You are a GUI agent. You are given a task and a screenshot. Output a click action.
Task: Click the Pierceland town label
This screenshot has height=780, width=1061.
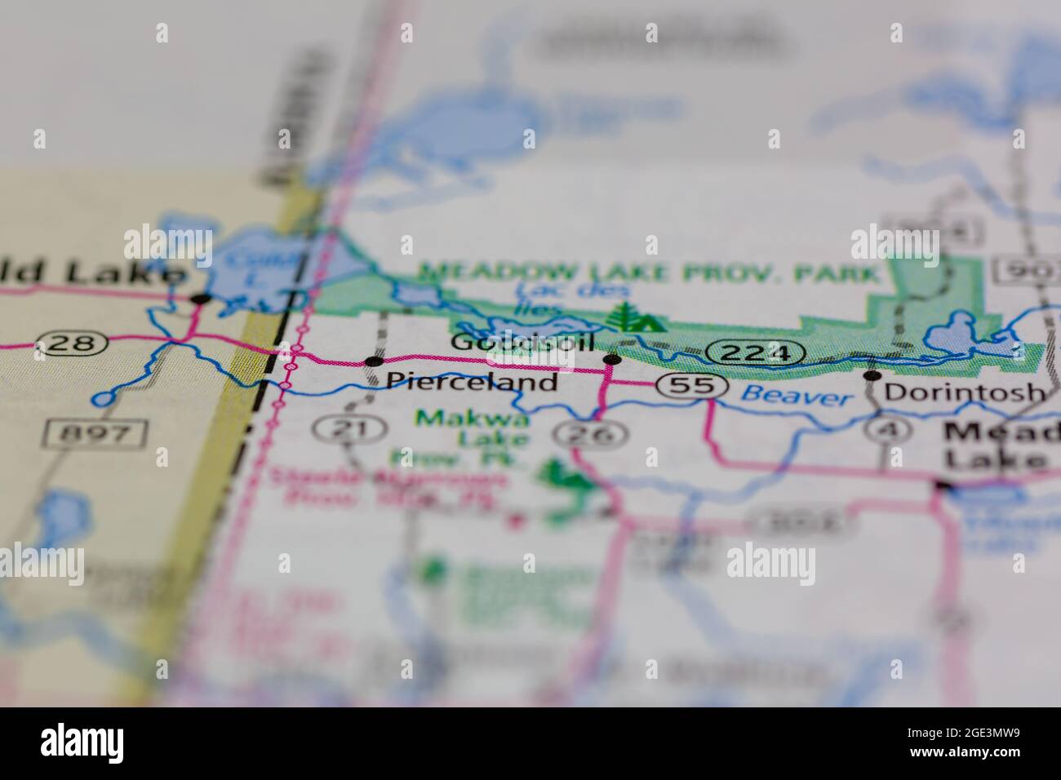pyautogui.click(x=472, y=381)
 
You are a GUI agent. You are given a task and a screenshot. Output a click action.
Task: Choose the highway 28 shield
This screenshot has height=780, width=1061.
pyautogui.click(x=72, y=343)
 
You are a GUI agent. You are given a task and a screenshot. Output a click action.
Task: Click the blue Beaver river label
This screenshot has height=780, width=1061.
pyautogui.click(x=797, y=397)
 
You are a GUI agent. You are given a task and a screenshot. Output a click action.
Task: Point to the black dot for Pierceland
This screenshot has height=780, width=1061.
pyautogui.click(x=374, y=361)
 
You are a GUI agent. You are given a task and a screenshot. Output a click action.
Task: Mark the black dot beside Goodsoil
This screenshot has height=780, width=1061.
pyautogui.click(x=611, y=359)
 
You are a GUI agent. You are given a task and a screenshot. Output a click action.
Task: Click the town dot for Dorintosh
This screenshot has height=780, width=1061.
pyautogui.click(x=872, y=375)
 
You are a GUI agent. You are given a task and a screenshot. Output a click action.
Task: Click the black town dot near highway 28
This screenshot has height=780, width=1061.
pyautogui.click(x=200, y=299)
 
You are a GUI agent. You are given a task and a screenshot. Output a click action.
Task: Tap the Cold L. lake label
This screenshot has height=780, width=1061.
pyautogui.click(x=242, y=265)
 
